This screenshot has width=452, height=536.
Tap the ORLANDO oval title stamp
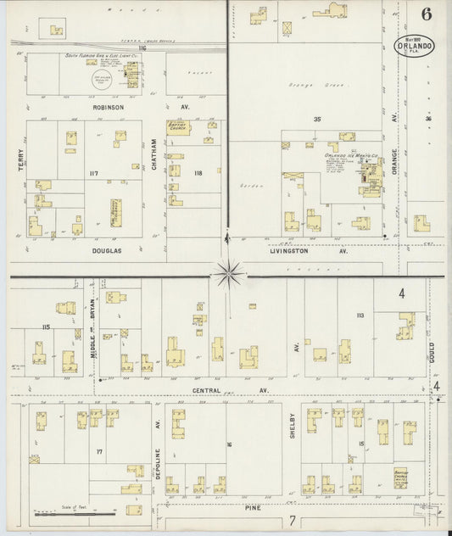coord(416,47)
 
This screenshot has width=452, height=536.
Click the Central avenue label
coord(203,390)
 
